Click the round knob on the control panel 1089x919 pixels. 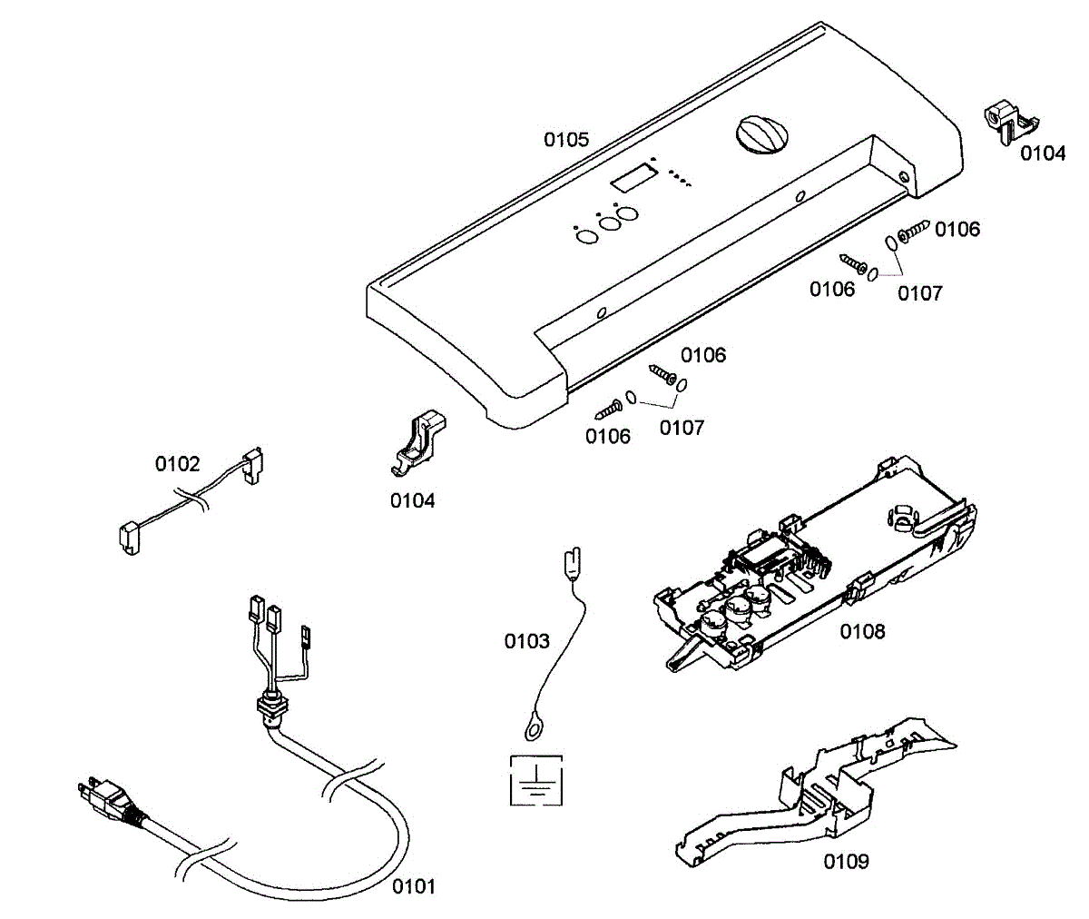tap(760, 136)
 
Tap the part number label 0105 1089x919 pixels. tap(566, 140)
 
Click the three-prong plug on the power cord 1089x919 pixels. tap(106, 795)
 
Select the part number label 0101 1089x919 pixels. tap(413, 886)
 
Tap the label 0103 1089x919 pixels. tap(527, 642)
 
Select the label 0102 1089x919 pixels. tap(177, 465)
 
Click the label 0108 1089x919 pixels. tap(862, 630)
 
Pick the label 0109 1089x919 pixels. tap(846, 861)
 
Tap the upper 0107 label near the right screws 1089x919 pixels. tap(920, 293)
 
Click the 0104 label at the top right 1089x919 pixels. tap(1043, 153)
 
